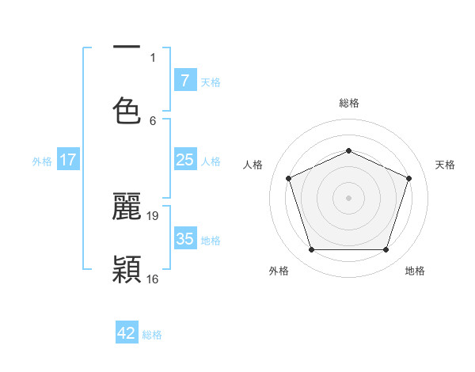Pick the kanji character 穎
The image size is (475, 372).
[x=127, y=269]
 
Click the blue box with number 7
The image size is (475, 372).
[x=184, y=81]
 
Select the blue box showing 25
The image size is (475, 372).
[x=184, y=160]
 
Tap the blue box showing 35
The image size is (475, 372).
[x=184, y=239]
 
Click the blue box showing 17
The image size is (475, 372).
[x=68, y=160]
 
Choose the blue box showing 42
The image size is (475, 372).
[x=127, y=333]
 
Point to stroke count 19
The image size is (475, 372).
[x=153, y=215]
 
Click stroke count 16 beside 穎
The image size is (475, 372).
[x=153, y=279]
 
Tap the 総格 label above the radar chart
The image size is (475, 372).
[x=348, y=103]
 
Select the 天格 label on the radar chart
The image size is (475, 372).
[x=446, y=165]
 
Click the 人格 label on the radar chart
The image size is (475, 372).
[x=253, y=165]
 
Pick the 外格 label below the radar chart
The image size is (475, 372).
[x=279, y=271]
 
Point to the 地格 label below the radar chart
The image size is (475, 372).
[x=415, y=271]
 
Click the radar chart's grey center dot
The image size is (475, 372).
[x=348, y=198]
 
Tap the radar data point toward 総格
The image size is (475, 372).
[x=348, y=150]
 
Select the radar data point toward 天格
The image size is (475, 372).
[x=409, y=178]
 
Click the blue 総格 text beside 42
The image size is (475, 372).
[x=152, y=335]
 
